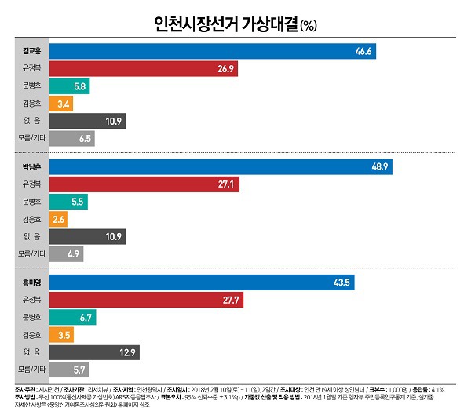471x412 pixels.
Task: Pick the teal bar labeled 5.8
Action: click(69, 86)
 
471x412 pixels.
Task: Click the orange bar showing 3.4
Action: click(60, 104)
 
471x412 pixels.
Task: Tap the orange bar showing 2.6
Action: click(58, 219)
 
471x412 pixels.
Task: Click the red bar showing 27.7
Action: click(145, 300)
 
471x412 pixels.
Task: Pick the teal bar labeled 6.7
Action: click(72, 317)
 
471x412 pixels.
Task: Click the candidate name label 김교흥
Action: click(31, 52)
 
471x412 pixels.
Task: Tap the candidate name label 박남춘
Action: click(31, 167)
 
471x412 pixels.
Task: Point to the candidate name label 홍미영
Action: click(31, 283)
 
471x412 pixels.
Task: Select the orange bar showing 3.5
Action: click(60, 334)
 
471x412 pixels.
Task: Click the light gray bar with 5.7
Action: click(69, 369)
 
